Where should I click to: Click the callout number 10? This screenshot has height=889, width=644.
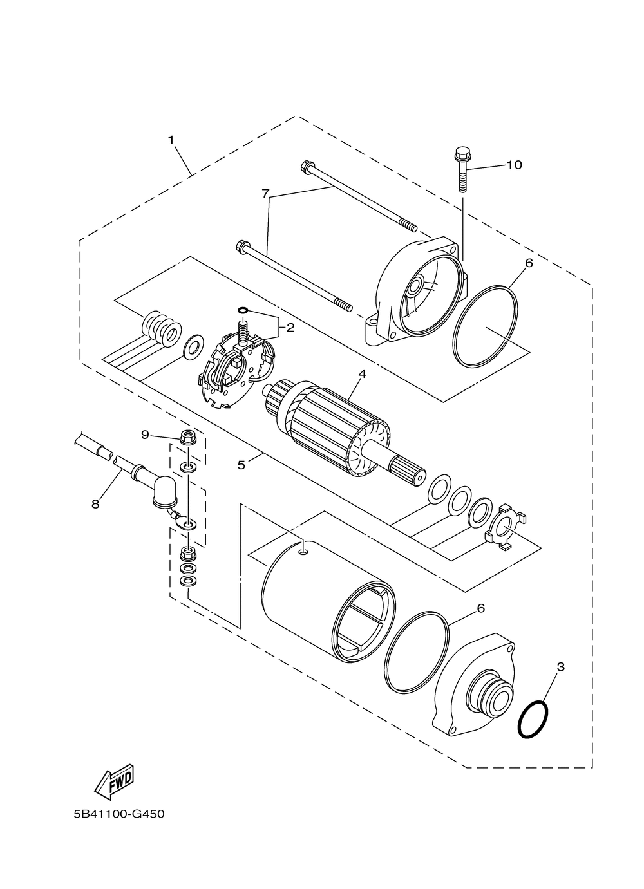pos(514,165)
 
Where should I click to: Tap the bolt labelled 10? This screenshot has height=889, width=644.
pos(461,168)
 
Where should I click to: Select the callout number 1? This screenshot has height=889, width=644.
pos(171,140)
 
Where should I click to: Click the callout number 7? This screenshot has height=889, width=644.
pos(265,193)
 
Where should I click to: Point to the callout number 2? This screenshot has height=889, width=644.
pos(290,328)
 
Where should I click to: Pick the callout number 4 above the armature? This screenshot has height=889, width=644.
pos(363,373)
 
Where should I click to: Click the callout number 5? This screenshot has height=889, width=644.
pos(241,465)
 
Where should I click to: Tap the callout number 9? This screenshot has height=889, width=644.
pos(146,435)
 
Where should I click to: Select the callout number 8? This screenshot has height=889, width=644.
pos(95,504)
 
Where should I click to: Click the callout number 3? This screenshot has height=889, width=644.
pos(560,667)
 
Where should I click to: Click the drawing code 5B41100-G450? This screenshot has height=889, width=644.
pos(119,814)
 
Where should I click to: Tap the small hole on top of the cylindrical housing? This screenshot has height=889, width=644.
pos(305,550)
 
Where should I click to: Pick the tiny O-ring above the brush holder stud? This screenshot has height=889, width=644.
pos(242,310)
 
